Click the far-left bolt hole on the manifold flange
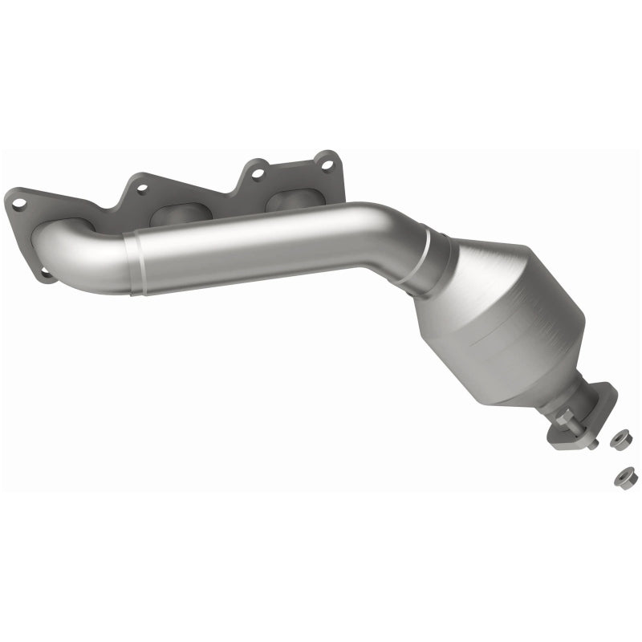point(18,204)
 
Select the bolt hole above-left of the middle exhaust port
point(141,189)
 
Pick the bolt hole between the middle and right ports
point(257,171)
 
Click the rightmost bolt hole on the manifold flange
point(327,165)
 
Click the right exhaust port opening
point(291,200)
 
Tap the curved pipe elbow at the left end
point(76,253)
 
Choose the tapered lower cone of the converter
point(546,377)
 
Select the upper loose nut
point(619,439)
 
